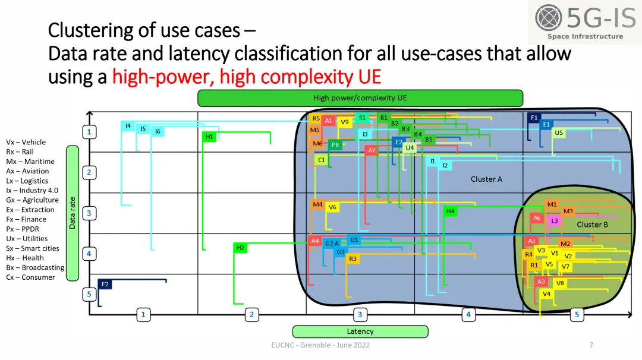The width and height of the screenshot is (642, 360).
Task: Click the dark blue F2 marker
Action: [105, 285]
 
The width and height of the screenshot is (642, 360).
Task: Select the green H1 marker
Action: [209, 137]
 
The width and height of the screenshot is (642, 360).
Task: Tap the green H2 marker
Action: [240, 248]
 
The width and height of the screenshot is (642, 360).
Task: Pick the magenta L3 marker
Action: [554, 221]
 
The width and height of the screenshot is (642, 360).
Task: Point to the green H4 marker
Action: [451, 211]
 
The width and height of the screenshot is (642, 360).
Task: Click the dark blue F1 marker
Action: [534, 118]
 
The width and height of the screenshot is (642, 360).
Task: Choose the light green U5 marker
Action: [558, 133]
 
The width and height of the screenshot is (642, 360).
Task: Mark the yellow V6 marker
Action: [332, 207]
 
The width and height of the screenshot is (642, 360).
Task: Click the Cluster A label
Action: [486, 179]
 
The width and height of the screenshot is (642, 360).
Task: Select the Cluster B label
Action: [592, 225]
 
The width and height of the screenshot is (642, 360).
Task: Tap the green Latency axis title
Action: [360, 331]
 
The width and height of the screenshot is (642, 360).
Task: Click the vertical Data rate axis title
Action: [73, 213]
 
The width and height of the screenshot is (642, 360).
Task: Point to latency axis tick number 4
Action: [468, 315]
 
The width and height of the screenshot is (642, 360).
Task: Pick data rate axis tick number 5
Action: [89, 293]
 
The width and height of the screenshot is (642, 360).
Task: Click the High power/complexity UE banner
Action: [360, 98]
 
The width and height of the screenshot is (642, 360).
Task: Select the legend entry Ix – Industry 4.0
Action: [32, 190]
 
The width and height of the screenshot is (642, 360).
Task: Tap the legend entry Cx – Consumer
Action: [30, 277]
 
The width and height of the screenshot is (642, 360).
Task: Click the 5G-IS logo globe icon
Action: [548, 18]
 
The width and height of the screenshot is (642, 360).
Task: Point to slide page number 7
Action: [591, 345]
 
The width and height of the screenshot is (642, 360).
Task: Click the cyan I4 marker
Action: [128, 126]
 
